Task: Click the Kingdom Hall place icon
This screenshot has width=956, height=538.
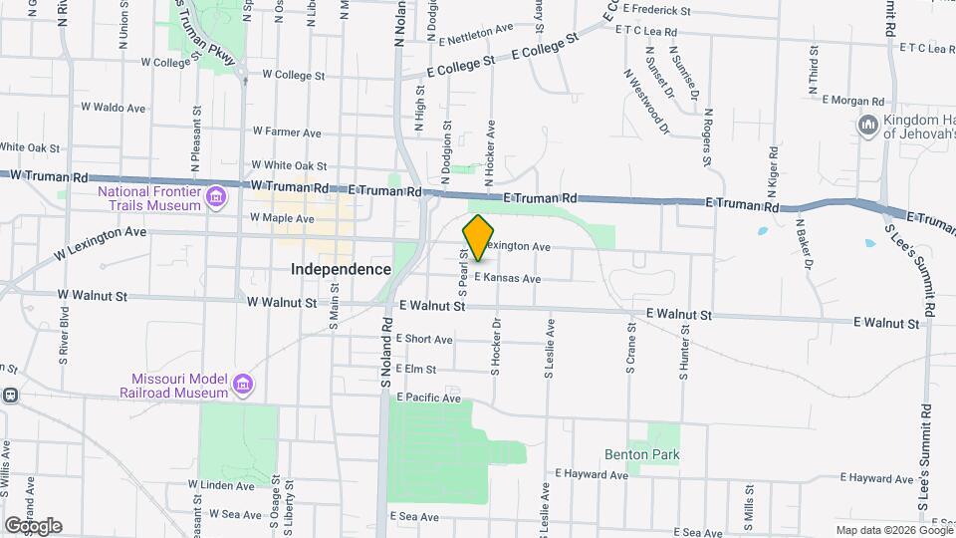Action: coord(866,125)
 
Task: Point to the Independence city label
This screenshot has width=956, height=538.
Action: coord(341,269)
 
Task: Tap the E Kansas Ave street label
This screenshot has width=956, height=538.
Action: coord(508,278)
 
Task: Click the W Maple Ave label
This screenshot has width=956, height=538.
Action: coord(281,218)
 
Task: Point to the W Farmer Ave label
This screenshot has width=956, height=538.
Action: coord(287,132)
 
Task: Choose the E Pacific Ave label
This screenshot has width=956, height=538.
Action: coord(428,398)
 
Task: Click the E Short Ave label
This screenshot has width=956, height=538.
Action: coord(424,339)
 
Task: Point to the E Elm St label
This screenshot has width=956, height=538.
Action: coord(416,369)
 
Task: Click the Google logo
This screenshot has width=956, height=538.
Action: coord(33,525)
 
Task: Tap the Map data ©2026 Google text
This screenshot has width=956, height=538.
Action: coord(893,530)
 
